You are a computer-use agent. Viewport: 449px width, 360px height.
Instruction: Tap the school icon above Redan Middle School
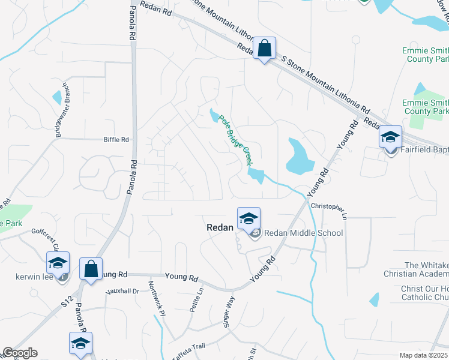(249, 218)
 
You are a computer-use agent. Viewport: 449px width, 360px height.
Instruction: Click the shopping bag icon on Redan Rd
(264, 49)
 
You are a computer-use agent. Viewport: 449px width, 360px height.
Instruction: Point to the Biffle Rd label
(116, 140)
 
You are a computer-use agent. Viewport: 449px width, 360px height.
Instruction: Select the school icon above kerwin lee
(58, 262)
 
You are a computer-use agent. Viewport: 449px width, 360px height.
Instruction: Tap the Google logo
(20, 353)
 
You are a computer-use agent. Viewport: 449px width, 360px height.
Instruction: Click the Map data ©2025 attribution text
(424, 355)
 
